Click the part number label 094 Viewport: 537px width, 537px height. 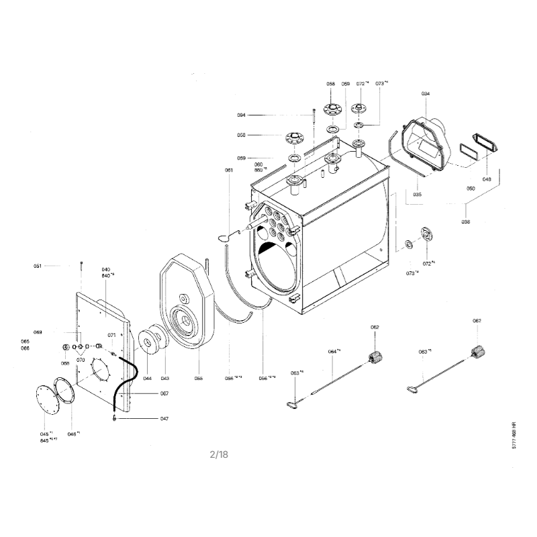tap(241, 115)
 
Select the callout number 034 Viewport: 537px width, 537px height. tap(426, 93)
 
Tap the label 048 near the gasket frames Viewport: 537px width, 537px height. tap(487, 179)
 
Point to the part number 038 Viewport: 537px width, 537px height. tap(466, 222)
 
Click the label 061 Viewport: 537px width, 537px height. tap(229, 170)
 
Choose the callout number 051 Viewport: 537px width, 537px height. tap(38, 266)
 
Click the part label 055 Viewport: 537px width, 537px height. tap(199, 379)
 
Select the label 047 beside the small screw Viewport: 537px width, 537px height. tap(164, 418)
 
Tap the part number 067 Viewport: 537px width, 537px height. tap(164, 393)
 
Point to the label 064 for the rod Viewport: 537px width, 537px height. tap(332, 352)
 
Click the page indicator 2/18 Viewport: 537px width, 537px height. tap(219, 454)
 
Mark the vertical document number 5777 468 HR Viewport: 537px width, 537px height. tap(514, 440)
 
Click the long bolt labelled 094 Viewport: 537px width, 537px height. tap(313, 121)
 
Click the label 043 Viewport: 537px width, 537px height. tap(164, 379)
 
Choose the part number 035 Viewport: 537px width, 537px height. tap(417, 195)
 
